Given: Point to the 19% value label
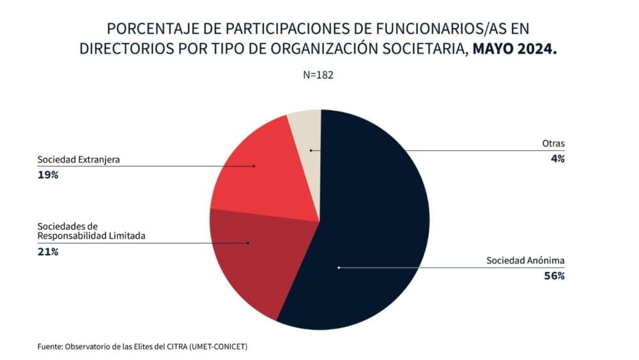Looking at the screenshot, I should [x=48, y=175].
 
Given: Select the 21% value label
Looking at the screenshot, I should [x=48, y=252].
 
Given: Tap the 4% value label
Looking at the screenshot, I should [x=558, y=159].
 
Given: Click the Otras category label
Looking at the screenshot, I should [x=553, y=144].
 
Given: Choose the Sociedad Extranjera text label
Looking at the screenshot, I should [x=79, y=159].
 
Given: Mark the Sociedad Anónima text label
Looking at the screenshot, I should [x=525, y=261].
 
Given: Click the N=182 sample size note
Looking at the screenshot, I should [x=319, y=75].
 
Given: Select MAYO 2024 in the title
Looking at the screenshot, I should [x=514, y=49].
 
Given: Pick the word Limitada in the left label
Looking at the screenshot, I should [x=127, y=235].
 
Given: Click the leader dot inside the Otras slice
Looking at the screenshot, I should [x=311, y=150].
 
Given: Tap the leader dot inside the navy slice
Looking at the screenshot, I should [x=339, y=267].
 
